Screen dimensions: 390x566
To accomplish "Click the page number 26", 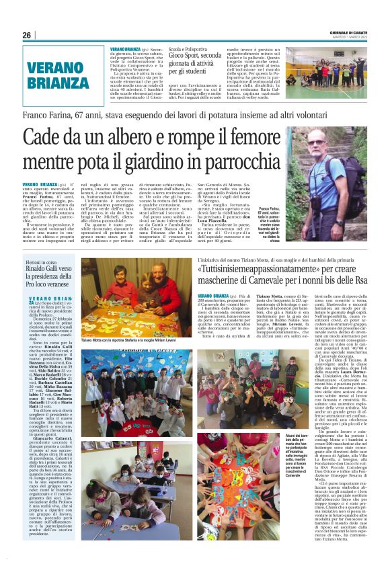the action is pyautogui.click(x=26, y=35).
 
